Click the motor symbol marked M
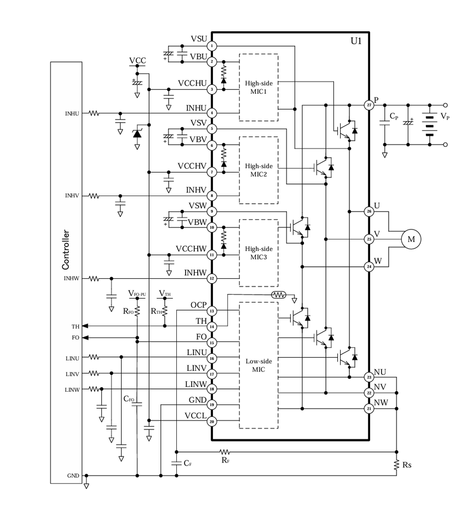411,239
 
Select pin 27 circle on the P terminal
369,105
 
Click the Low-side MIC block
258,365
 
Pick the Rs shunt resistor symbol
396,465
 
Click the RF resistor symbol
225,452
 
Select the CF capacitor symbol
177,463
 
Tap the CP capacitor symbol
385,123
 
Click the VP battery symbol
430,125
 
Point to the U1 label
356,41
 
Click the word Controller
66,250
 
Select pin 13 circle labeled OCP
212,311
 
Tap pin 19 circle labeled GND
212,405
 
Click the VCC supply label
137,60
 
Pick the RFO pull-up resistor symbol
137,311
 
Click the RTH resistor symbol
165,311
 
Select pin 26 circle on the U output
369,211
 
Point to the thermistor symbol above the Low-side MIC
279,295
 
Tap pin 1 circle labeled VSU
212,45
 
